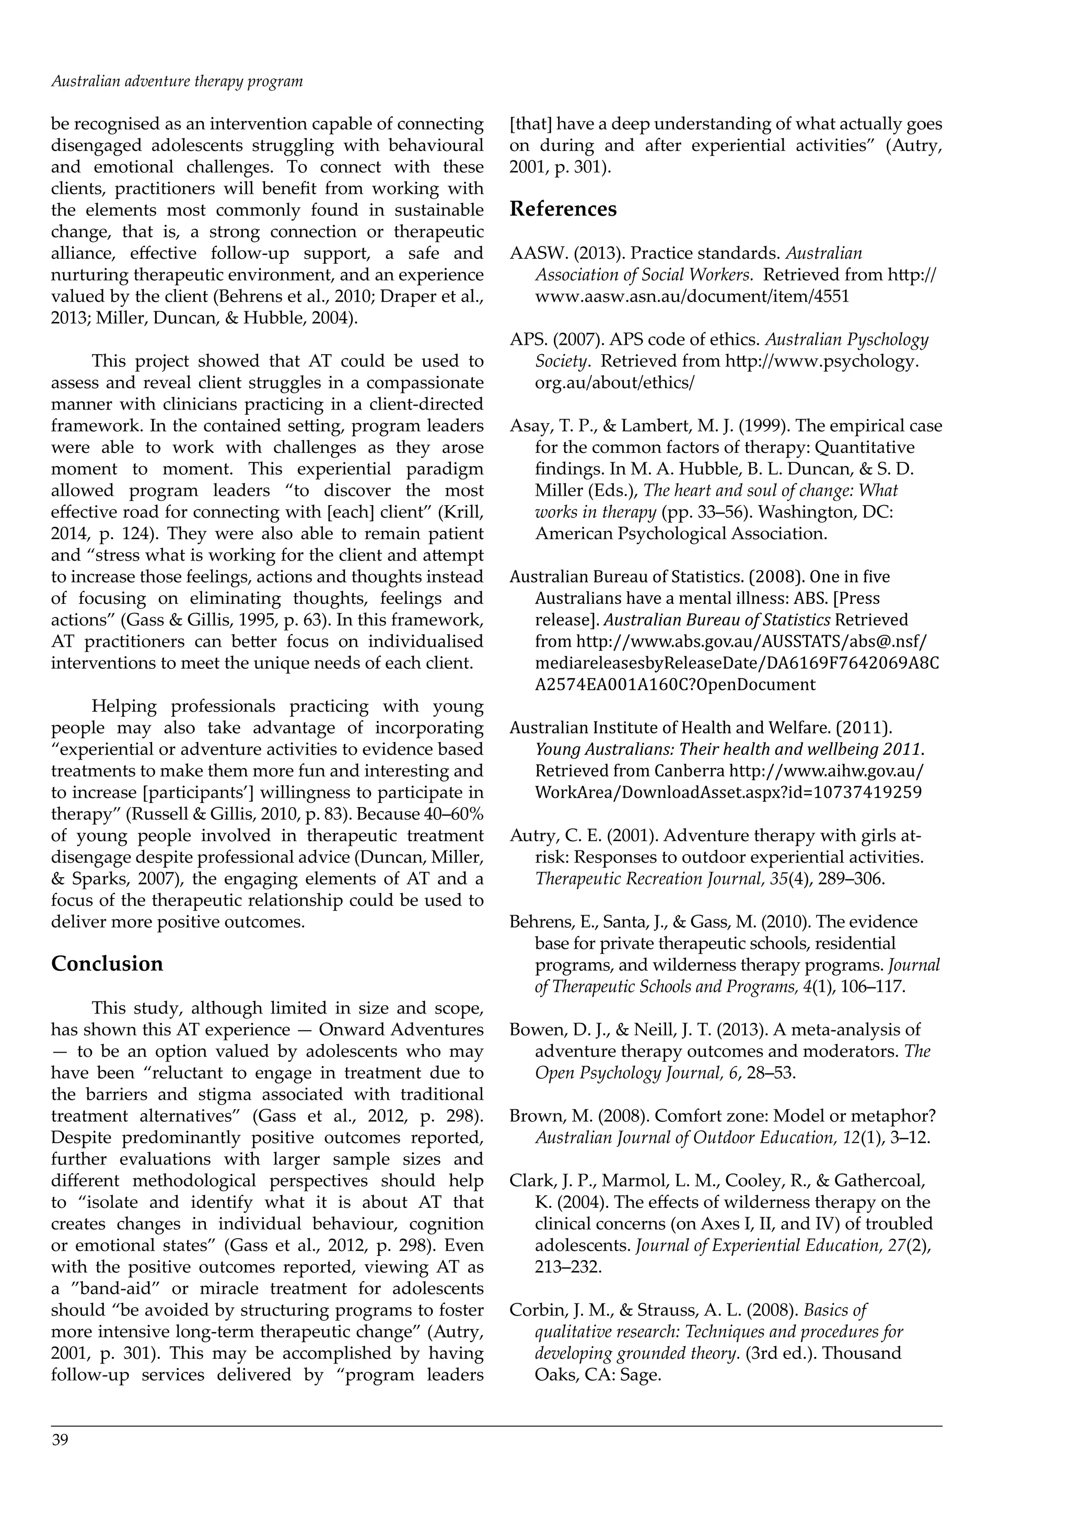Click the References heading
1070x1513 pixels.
[x=563, y=209]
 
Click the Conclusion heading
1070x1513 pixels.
[x=107, y=963]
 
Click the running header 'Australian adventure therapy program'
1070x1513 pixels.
[x=177, y=82]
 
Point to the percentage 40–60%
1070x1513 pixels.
[x=453, y=814]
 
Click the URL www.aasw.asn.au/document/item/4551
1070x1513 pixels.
[x=692, y=296]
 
